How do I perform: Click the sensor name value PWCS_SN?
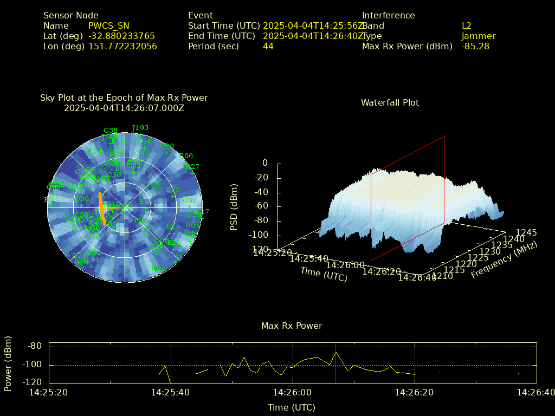[109, 26]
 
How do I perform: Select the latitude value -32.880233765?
[121, 36]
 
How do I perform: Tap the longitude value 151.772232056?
[122, 47]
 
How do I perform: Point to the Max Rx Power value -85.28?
[475, 47]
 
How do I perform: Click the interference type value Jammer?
[479, 36]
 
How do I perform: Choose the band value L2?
[467, 26]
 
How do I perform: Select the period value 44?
[268, 47]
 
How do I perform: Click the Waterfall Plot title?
[390, 103]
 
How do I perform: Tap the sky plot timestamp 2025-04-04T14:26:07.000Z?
[124, 108]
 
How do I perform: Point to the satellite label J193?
[140, 128]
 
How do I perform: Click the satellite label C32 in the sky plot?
[190, 200]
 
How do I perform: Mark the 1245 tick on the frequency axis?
[526, 233]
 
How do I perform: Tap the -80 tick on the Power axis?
[35, 347]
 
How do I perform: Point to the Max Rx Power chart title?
[292, 326]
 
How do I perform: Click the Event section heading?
[201, 16]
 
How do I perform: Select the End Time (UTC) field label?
[221, 36]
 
